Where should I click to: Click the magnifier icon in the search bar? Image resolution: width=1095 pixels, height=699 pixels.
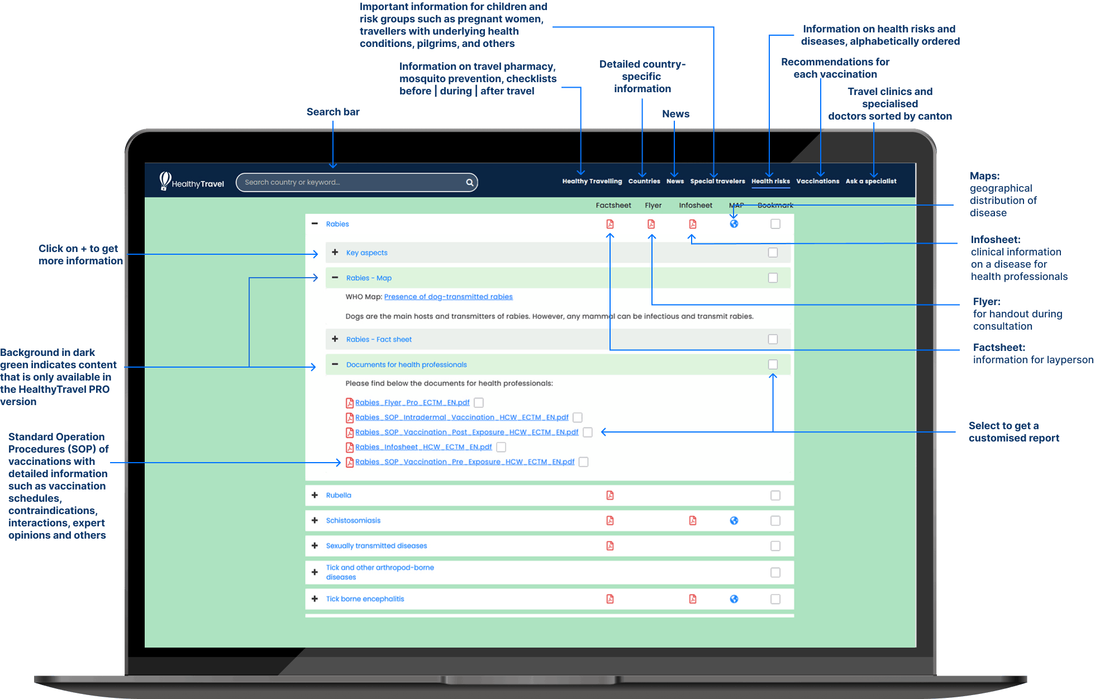[x=470, y=182]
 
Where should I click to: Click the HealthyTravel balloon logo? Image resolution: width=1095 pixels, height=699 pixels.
[x=165, y=180]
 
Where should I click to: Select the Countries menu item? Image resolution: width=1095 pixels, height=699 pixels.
[x=644, y=181]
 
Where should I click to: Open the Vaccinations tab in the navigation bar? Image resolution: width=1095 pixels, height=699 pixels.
[x=818, y=181]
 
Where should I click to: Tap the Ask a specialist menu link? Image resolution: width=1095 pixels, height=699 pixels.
[x=871, y=181]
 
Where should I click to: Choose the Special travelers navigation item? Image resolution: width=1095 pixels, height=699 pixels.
[x=717, y=181]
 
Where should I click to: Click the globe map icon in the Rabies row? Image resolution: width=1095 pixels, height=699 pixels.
[x=734, y=224]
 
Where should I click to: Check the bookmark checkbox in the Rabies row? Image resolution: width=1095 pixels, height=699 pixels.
[x=775, y=224]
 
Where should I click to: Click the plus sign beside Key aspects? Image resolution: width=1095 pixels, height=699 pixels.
[x=335, y=253]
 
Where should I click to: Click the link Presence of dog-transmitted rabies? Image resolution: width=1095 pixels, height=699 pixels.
[x=448, y=297]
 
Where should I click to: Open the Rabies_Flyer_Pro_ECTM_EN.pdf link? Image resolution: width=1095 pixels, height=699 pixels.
[x=412, y=402]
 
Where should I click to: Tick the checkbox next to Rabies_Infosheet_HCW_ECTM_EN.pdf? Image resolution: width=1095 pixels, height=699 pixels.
[x=501, y=447]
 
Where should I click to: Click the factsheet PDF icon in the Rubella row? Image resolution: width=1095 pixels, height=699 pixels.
[x=610, y=496]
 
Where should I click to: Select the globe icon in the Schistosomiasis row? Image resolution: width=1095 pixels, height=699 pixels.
[x=734, y=521]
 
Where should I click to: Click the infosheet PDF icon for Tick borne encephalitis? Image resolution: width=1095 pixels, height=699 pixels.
[x=693, y=599]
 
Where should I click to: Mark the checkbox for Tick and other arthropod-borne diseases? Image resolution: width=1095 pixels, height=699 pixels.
[x=775, y=572]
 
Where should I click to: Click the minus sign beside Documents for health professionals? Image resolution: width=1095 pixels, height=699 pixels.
[x=335, y=364]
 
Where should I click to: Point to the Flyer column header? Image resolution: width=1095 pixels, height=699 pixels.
[x=653, y=206]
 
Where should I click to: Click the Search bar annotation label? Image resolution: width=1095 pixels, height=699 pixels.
[x=333, y=112]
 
